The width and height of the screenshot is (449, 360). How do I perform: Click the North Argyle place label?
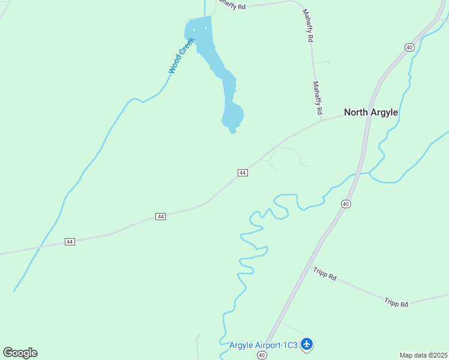(x=370, y=112)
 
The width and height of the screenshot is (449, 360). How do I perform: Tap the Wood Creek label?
(x=181, y=56)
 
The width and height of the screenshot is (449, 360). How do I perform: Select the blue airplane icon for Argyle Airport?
(x=307, y=344)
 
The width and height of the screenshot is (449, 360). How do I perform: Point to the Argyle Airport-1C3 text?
(x=264, y=345)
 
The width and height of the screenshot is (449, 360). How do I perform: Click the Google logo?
(x=20, y=353)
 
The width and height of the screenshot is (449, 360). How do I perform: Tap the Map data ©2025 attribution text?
(x=424, y=355)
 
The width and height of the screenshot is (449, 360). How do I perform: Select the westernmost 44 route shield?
(x=70, y=241)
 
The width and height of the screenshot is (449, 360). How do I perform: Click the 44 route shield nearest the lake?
(x=243, y=173)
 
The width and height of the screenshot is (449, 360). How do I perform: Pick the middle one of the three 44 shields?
(x=160, y=216)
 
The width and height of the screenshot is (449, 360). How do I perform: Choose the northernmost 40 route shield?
(x=409, y=47)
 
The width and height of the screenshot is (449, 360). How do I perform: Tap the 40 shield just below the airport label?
(x=262, y=355)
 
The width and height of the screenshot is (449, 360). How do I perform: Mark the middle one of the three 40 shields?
(x=346, y=204)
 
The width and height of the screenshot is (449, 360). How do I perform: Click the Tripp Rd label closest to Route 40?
(x=325, y=274)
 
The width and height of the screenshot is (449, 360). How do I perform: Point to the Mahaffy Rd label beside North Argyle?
(x=318, y=99)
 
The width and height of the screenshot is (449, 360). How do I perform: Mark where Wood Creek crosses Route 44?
(x=40, y=247)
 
